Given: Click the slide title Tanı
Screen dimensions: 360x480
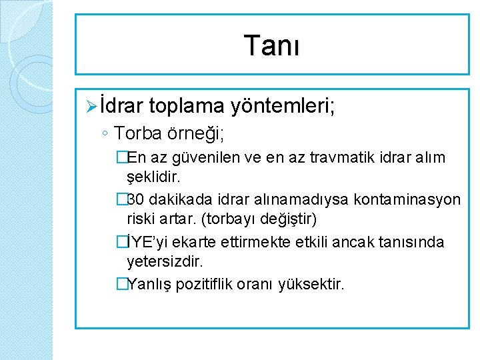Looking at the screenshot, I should (x=272, y=45).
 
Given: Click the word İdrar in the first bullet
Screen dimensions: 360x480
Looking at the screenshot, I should (x=123, y=105).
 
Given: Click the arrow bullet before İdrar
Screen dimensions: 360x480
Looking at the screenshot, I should (x=93, y=105).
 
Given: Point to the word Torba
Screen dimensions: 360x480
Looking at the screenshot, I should (x=137, y=133).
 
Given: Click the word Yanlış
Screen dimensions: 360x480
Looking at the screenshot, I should (x=147, y=284).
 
